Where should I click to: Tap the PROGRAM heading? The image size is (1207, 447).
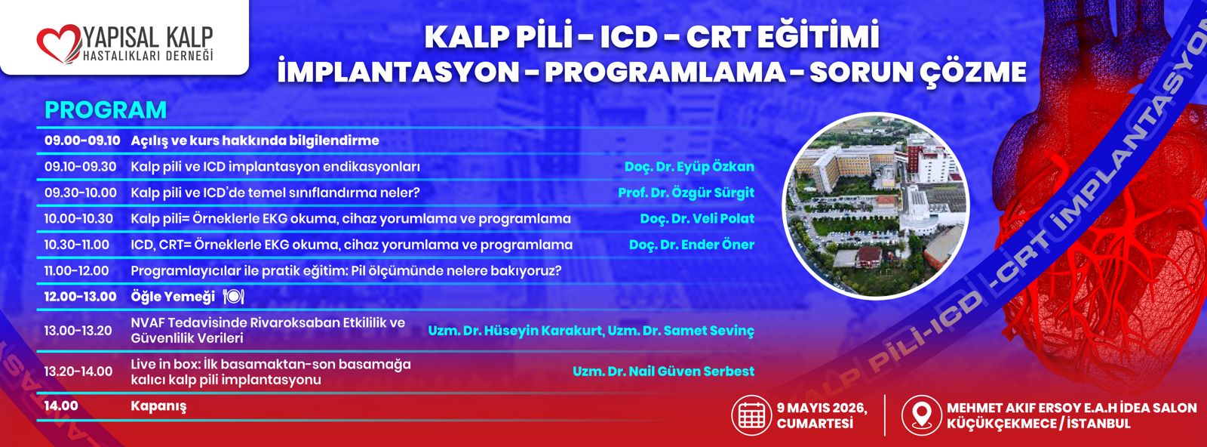click(106, 110)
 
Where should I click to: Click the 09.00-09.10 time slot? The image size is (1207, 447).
click(82, 140)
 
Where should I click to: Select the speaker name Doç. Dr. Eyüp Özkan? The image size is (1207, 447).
click(689, 167)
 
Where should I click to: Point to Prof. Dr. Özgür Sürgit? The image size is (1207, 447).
click(686, 193)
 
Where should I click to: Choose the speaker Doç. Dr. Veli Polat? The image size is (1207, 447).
click(697, 219)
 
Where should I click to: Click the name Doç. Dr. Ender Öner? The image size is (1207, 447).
click(692, 245)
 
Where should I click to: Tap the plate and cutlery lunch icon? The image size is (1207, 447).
click(233, 296)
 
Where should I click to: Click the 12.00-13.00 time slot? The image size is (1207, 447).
click(80, 297)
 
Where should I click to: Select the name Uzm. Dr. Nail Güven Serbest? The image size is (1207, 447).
click(663, 371)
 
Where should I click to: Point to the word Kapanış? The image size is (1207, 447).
click(158, 406)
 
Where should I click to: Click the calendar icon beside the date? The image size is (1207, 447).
click(751, 415)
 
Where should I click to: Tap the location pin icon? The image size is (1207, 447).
click(921, 415)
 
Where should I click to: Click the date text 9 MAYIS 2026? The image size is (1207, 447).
click(822, 408)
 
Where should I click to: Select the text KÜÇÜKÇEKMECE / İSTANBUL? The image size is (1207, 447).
click(1038, 424)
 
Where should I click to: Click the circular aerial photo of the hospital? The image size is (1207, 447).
click(876, 205)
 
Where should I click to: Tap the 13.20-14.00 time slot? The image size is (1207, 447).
click(78, 371)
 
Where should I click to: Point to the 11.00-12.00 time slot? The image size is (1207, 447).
click(76, 270)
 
